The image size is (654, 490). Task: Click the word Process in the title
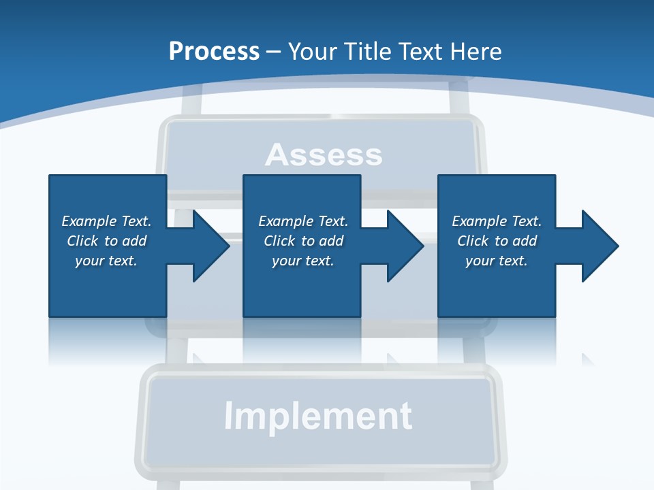point(214,52)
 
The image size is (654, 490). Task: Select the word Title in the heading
point(368,52)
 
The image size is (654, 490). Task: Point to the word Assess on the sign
point(324,154)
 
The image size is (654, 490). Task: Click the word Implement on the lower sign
point(318,416)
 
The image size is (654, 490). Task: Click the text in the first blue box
point(106,241)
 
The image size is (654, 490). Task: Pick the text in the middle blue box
point(303,241)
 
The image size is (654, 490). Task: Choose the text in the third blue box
point(497,241)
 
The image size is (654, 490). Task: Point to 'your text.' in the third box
point(497,261)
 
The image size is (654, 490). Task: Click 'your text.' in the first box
point(106,261)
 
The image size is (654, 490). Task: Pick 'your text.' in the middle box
point(303,261)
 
